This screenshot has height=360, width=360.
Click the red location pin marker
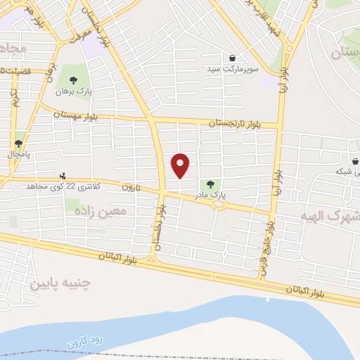point(181,165)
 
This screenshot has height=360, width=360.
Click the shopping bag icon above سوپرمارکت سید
point(232,58)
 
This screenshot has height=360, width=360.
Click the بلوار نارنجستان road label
point(233,123)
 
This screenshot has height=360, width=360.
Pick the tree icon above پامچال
point(19,143)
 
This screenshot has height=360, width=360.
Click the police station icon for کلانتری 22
point(63,176)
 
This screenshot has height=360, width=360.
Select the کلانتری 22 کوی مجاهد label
point(63,186)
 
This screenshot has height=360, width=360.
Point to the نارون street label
point(131,187)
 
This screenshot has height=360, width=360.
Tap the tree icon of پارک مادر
point(211,184)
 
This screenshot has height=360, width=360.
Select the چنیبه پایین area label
point(60,283)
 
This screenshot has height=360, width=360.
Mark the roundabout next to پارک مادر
point(220,205)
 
